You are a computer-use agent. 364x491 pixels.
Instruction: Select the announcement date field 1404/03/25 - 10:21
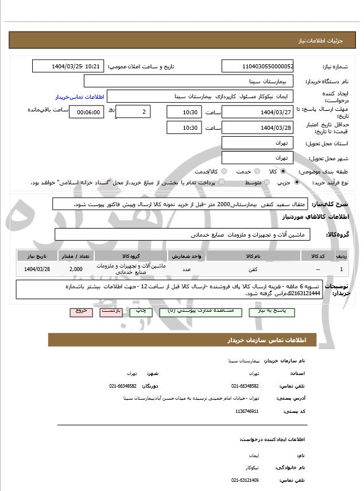click(x=68, y=67)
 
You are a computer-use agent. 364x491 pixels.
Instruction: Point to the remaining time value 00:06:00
click(x=86, y=112)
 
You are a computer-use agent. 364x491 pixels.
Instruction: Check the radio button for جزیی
click(x=296, y=182)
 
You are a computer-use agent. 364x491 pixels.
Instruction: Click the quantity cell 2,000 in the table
click(x=76, y=269)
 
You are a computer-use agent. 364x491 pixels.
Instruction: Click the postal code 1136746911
click(x=247, y=412)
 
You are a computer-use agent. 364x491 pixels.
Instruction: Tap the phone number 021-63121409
click(x=245, y=480)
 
